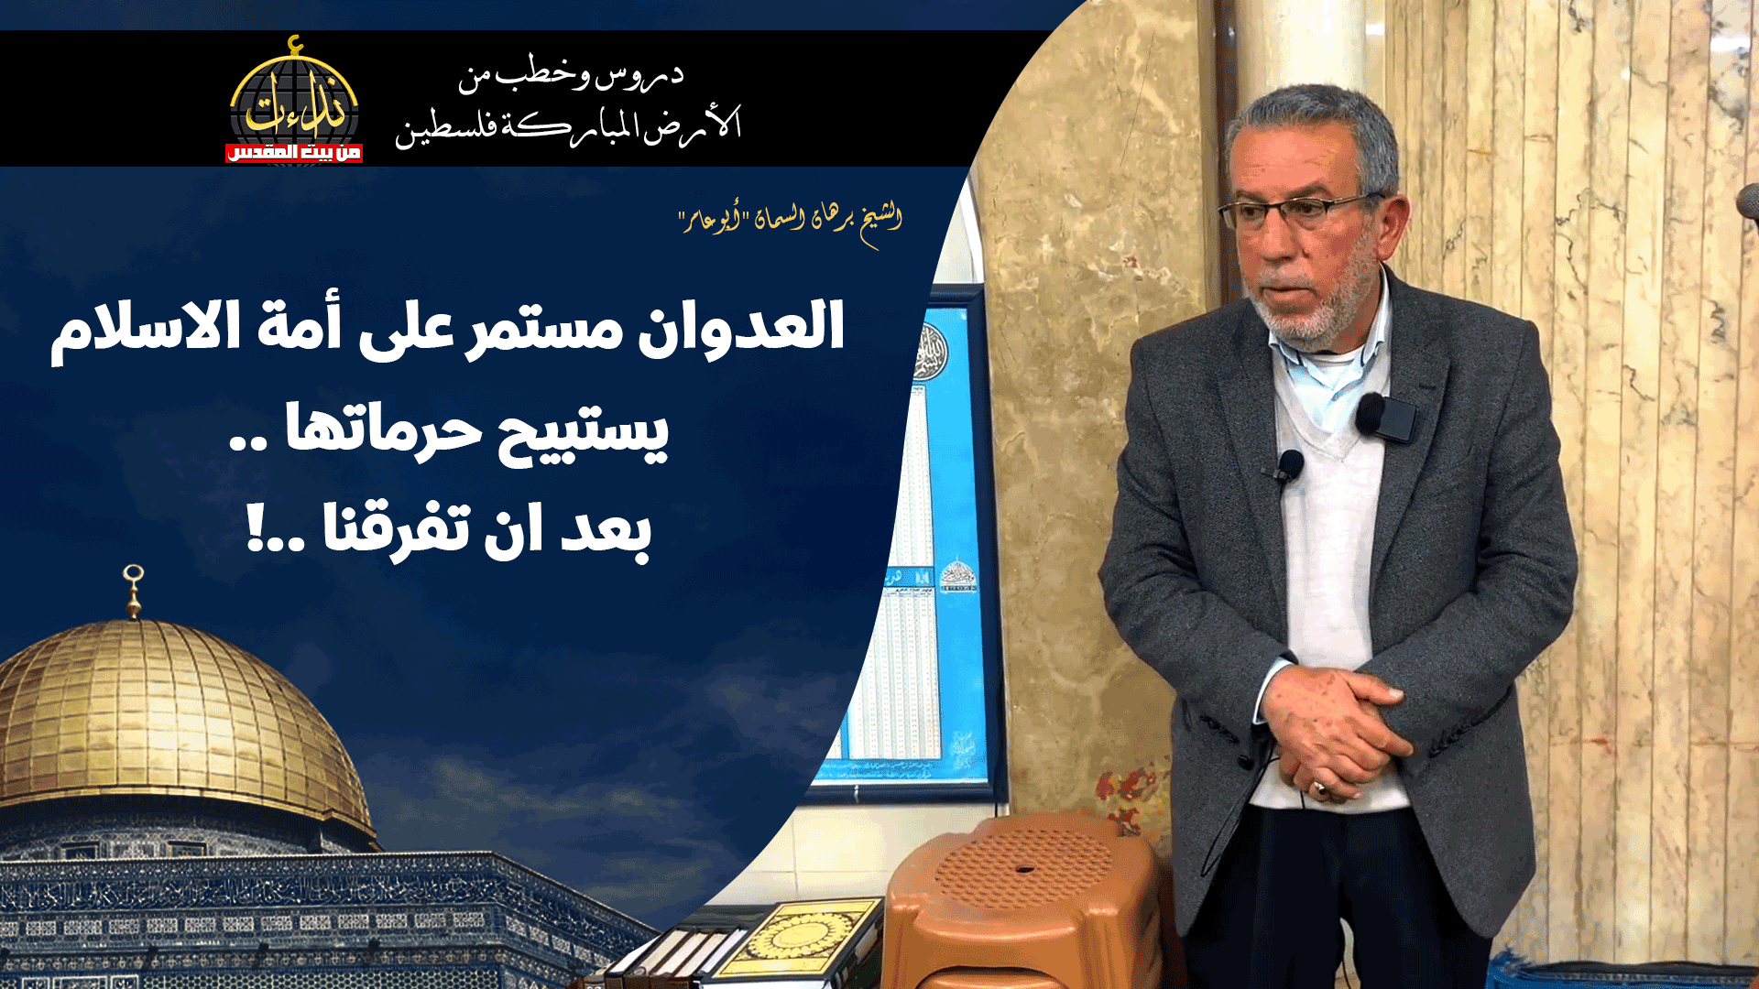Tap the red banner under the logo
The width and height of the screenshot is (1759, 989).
coord(293,152)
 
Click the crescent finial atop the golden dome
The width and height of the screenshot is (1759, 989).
coord(134,577)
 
